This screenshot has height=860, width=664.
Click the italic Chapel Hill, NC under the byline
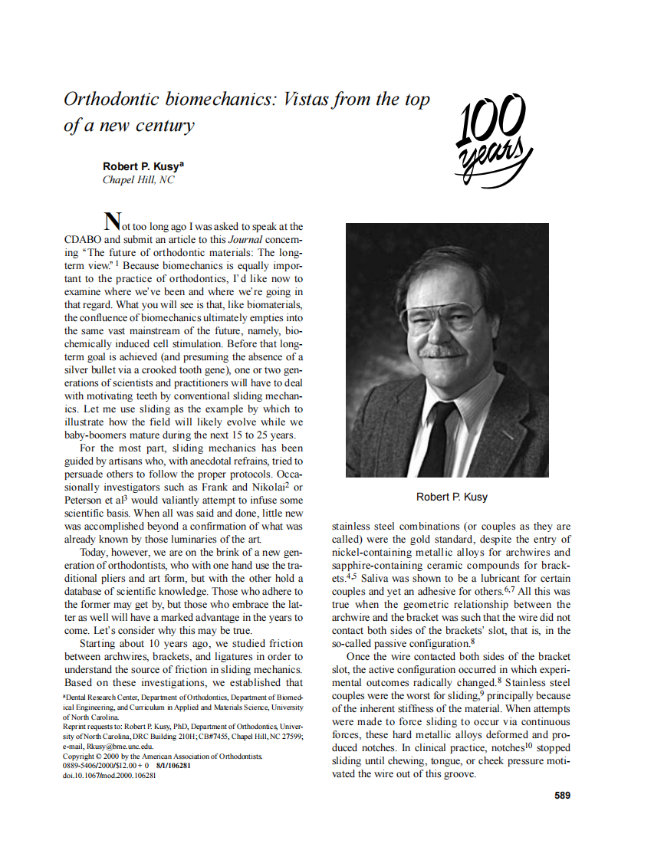pyautogui.click(x=138, y=180)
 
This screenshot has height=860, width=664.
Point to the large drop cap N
pyautogui.click(x=112, y=222)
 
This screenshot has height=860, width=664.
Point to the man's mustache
pyautogui.click(x=443, y=351)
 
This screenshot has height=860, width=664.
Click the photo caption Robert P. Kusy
pyautogui.click(x=452, y=497)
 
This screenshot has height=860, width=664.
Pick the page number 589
pyautogui.click(x=562, y=796)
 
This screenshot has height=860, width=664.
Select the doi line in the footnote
pyautogui.click(x=109, y=775)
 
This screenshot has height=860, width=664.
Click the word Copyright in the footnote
pyautogui.click(x=81, y=756)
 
